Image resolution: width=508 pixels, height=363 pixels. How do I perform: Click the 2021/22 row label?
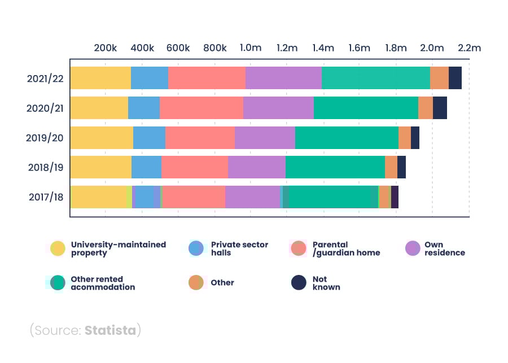coord(45,78)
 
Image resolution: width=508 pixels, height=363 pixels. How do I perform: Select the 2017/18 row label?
coord(45,198)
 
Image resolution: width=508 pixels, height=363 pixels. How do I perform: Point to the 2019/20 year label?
coord(45,138)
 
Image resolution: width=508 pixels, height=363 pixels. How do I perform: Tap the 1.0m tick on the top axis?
coord(250,49)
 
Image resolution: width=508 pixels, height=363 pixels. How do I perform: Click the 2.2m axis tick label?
coord(468,49)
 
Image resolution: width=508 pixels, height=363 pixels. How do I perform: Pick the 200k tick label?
coord(105,49)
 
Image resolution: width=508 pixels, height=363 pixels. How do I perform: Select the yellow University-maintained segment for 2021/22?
coord(100,78)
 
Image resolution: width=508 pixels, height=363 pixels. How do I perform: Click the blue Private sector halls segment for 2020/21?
coord(143,107)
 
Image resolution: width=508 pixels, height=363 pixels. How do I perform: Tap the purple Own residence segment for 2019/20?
coord(265,138)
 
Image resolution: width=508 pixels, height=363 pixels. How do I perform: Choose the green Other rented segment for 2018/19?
coord(335,167)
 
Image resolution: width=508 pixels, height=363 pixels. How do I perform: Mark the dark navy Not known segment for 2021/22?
coord(455,78)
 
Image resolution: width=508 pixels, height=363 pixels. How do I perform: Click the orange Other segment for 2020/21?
coord(425,107)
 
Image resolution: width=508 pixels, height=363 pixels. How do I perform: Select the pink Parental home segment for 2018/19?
coord(195,167)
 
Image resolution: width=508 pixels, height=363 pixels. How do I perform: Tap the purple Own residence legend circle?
coord(413,248)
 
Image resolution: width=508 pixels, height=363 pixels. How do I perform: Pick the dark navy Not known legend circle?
coord(299,282)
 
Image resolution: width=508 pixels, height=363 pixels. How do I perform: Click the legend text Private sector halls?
coord(239,248)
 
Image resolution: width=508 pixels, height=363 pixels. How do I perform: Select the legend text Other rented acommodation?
coord(103,283)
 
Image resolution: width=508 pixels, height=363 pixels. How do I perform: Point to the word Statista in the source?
coord(110,330)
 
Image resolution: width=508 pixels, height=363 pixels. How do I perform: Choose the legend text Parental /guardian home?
coord(346,248)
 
